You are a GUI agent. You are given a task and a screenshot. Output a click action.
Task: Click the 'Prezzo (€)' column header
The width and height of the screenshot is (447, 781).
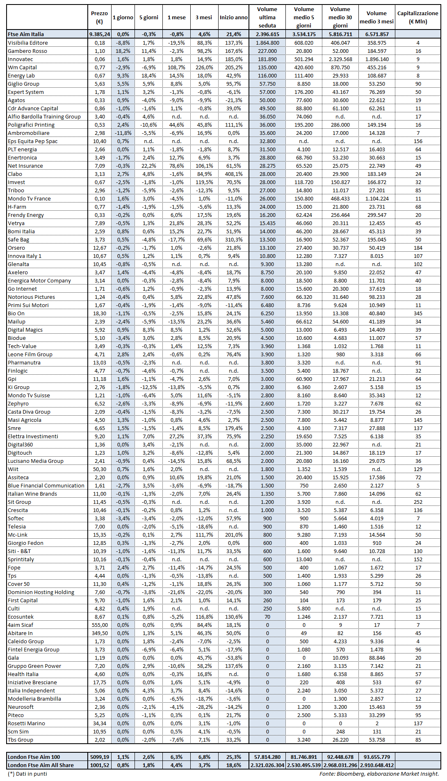tap(99, 17)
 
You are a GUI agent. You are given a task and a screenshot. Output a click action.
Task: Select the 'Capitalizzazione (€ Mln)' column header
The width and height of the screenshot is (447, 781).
tap(417, 17)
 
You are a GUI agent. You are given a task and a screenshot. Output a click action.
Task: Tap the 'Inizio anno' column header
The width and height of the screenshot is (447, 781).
tap(233, 17)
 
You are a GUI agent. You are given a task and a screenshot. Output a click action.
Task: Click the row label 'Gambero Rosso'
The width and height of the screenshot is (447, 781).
tap(27, 51)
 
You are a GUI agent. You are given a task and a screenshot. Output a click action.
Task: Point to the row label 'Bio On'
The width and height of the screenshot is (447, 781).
tap(16, 313)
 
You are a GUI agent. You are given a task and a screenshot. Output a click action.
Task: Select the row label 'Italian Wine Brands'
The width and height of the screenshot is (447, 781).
tap(32, 494)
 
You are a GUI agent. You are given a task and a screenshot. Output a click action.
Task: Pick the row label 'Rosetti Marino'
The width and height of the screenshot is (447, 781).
tap(26, 723)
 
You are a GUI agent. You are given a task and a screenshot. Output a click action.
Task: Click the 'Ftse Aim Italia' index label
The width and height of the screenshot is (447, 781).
tap(26, 34)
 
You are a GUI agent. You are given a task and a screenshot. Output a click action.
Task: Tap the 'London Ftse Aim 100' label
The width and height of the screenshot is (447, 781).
tap(34, 757)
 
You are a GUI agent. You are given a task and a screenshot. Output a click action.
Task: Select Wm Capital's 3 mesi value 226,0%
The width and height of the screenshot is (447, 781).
tap(204, 67)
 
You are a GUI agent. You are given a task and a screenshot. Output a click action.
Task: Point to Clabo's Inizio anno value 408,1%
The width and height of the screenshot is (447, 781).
tap(234, 174)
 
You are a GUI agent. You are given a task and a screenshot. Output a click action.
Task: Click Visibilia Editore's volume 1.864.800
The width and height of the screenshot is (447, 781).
tap(267, 43)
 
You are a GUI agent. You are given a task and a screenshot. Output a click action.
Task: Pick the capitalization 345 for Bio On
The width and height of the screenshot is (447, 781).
tap(418, 313)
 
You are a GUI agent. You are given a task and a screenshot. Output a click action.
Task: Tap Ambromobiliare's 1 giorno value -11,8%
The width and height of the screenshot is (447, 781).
tap(123, 133)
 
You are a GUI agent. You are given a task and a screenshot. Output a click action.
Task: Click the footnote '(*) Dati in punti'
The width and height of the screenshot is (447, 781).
tap(27, 774)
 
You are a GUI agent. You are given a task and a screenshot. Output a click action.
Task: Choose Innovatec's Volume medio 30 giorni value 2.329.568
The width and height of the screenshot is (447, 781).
tap(340, 59)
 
